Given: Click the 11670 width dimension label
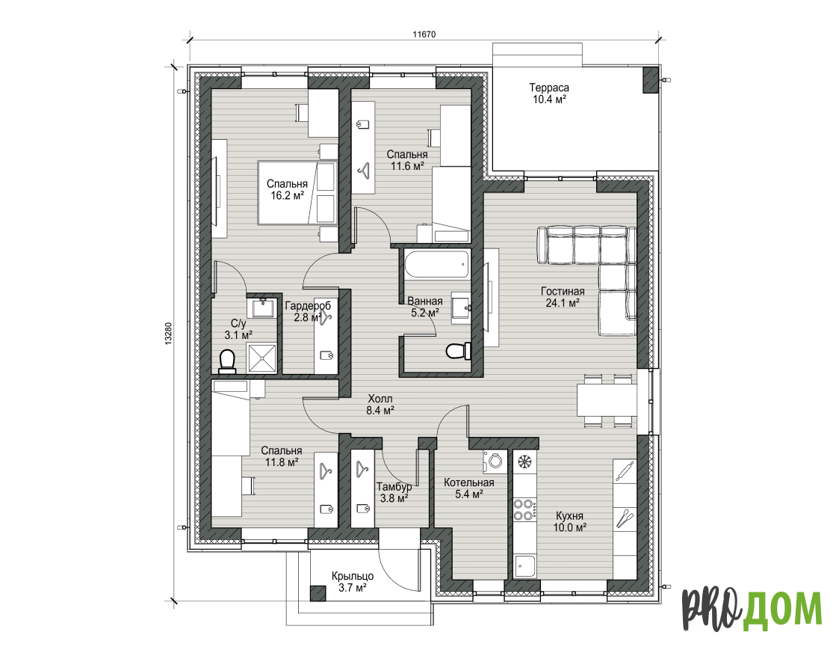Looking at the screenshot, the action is point(424,34).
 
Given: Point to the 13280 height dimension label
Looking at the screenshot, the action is point(169,333).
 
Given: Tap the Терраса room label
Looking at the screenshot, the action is point(549,88).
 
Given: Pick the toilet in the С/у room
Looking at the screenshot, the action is point(228,361).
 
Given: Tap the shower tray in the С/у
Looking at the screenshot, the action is point(262,358).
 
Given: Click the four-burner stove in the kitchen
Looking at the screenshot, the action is point(524,509).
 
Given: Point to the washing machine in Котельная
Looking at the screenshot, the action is point(495,462).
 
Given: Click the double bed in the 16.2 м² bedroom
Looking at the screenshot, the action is point(297,193).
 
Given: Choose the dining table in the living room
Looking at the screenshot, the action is point(607,401).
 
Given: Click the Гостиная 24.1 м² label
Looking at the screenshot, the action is point(563,297).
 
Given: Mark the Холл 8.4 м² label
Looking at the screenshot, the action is point(380,405).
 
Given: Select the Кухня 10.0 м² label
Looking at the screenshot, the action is point(570,521).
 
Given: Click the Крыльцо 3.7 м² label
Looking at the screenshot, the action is point(353,582).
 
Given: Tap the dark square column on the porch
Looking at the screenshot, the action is point(318,593).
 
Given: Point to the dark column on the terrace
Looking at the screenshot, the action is point(651,80).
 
